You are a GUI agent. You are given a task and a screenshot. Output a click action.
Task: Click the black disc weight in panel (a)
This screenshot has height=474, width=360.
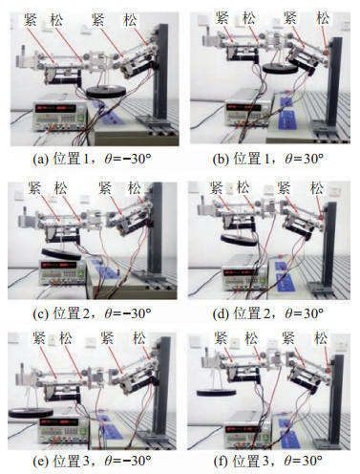click(x=106, y=92)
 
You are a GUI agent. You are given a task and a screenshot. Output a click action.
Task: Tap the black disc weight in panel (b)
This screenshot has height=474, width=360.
click(x=280, y=68)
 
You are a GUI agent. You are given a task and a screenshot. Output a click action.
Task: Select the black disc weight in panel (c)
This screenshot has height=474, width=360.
click(x=61, y=253)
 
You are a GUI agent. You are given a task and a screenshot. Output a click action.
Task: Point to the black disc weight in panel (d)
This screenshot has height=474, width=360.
click(x=239, y=239)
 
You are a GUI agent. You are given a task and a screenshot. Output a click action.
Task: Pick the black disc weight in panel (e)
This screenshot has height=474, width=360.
click(x=31, y=412)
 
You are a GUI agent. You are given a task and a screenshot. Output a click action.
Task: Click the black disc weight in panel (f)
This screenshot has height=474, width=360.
click(x=217, y=393)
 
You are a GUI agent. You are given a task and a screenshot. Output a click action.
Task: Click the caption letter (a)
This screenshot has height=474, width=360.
click(x=40, y=159)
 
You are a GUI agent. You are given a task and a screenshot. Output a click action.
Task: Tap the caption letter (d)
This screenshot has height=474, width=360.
click(x=221, y=313)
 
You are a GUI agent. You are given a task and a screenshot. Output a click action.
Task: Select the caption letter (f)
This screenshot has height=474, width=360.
click(x=220, y=461)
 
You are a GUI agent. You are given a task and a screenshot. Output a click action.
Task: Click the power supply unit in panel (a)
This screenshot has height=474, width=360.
click(x=60, y=116)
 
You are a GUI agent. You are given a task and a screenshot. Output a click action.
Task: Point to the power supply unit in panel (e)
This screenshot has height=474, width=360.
click(x=64, y=430)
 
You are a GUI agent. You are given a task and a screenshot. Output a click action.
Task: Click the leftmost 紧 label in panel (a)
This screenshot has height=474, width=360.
click(x=31, y=20)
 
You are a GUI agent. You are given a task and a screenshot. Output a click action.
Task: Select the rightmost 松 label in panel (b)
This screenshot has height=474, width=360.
click(x=323, y=18)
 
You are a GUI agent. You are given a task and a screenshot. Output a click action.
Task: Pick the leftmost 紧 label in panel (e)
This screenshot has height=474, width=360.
click(x=39, y=338)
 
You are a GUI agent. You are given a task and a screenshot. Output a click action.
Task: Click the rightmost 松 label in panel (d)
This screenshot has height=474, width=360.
click(x=317, y=188)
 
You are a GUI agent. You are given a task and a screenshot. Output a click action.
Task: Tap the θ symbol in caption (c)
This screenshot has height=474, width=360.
click(x=108, y=313)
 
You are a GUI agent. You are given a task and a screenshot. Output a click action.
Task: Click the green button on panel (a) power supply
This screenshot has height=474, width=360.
click(x=80, y=118)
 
